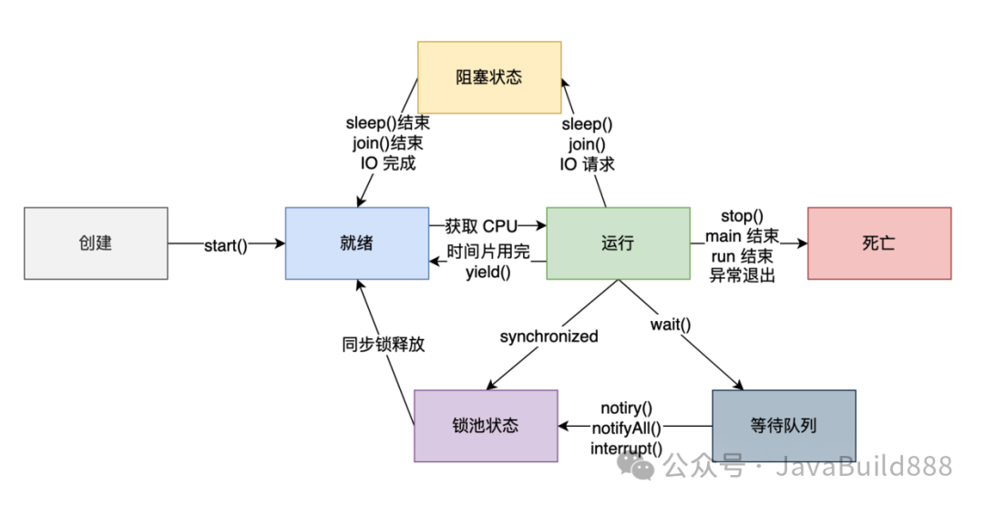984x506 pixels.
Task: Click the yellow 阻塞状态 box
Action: pyautogui.click(x=489, y=77)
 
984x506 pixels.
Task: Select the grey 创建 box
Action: pyautogui.click(x=96, y=243)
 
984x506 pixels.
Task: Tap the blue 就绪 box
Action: pyautogui.click(x=356, y=243)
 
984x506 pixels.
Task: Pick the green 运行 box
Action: pyautogui.click(x=618, y=243)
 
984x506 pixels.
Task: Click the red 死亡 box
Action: pyautogui.click(x=879, y=243)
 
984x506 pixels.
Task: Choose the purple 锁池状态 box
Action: pyautogui.click(x=486, y=426)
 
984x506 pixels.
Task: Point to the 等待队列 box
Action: pyautogui.click(x=784, y=426)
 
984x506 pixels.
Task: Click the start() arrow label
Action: pyautogui.click(x=226, y=244)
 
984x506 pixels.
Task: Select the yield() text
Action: pyautogui.click(x=488, y=272)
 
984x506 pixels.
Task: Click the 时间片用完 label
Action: pyautogui.click(x=488, y=253)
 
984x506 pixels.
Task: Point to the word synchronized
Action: pyautogui.click(x=548, y=336)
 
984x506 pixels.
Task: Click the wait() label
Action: pyautogui.click(x=671, y=325)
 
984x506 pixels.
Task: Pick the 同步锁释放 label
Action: pyautogui.click(x=384, y=345)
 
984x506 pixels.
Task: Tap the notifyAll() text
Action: pyautogui.click(x=627, y=428)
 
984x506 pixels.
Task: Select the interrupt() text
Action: pyautogui.click(x=627, y=448)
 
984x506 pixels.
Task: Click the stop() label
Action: pyautogui.click(x=742, y=216)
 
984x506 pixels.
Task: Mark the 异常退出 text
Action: pyautogui.click(x=743, y=275)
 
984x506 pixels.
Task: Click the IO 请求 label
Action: pyautogui.click(x=588, y=164)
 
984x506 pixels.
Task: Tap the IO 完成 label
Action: pyautogui.click(x=388, y=164)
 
